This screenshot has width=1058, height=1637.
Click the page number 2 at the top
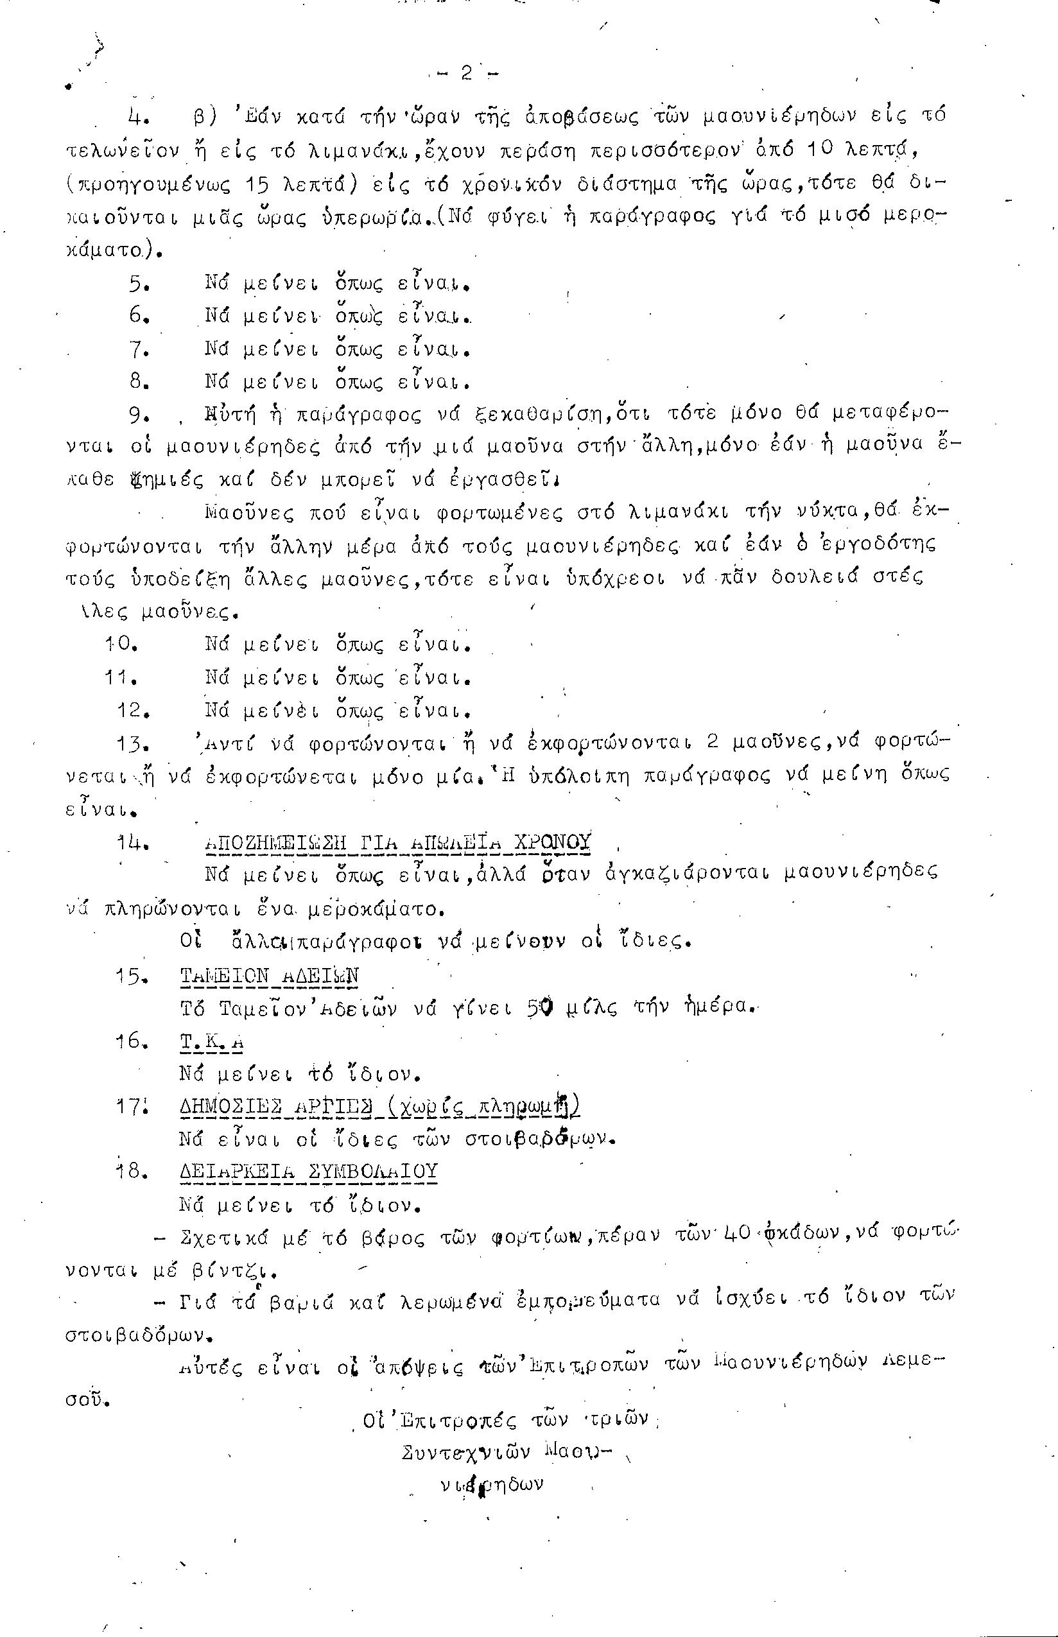coord(467,73)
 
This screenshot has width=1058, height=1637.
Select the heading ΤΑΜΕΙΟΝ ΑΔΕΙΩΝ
coord(269,976)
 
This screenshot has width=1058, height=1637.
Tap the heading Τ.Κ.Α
coord(212,1042)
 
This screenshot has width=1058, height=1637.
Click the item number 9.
coord(139,415)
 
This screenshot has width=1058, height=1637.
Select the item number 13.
coord(134,744)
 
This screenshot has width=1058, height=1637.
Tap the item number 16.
coord(133,1041)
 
